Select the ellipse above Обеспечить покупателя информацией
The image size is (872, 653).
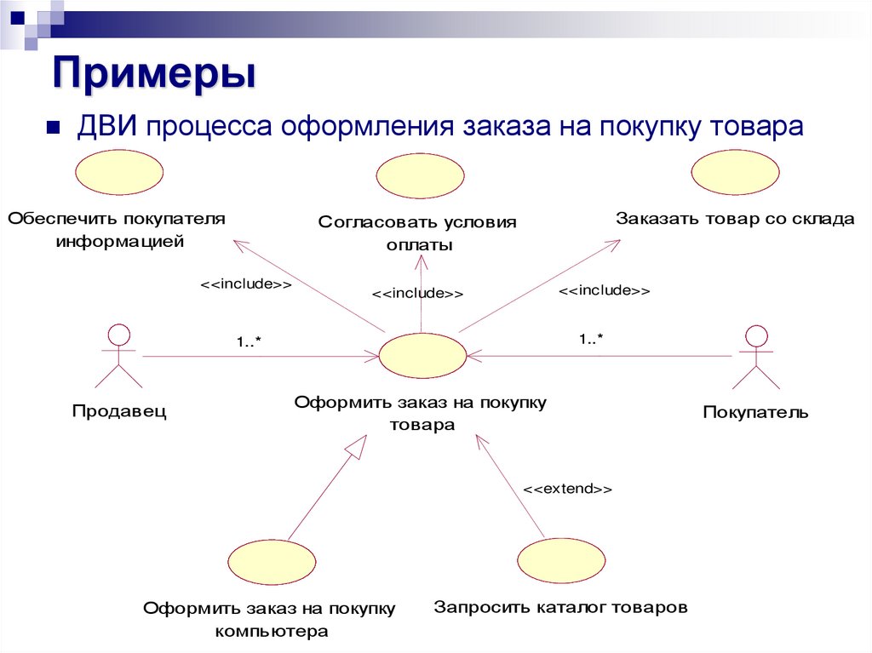pos(119,174)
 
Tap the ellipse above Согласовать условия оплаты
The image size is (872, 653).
pos(421,177)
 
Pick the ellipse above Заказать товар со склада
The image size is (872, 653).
pos(735,174)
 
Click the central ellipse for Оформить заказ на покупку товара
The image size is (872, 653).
pos(422,355)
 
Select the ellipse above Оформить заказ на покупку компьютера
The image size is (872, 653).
pos(272,563)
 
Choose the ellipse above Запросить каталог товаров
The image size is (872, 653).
pos(560,563)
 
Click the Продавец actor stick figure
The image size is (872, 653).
pos(118,357)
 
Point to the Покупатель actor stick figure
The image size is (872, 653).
pos(754,358)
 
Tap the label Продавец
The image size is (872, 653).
pos(119,412)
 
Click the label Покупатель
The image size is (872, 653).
pos(755,413)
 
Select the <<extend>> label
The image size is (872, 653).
pos(567,490)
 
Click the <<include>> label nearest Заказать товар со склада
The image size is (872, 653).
pos(604,290)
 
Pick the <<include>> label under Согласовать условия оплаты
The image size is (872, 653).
pos(417,294)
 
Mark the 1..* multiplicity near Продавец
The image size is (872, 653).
pos(249,341)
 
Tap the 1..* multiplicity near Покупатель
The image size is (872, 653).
pos(591,339)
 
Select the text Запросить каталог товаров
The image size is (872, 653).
pos(560,608)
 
